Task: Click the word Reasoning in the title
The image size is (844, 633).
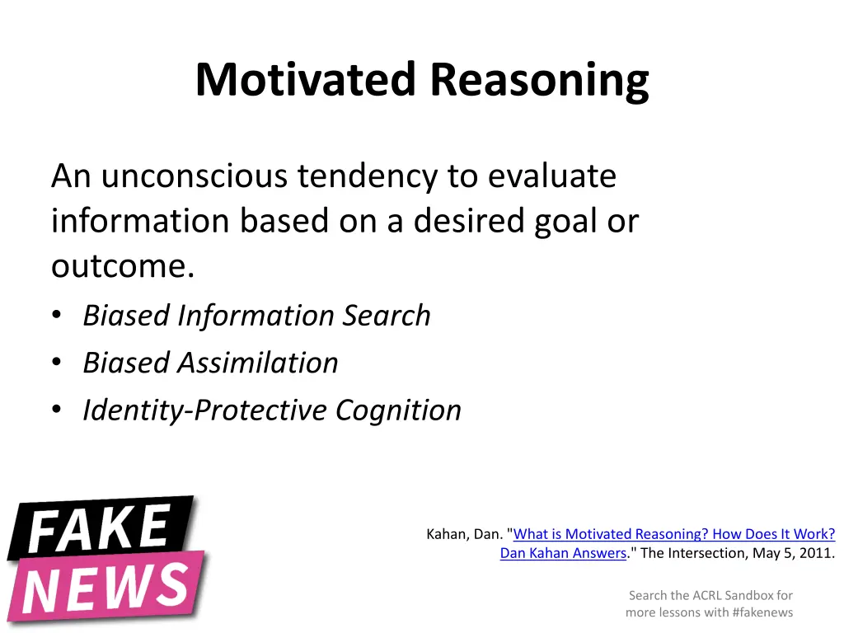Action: click(539, 82)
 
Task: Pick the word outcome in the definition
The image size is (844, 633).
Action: click(119, 267)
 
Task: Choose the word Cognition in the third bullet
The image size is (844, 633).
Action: click(398, 410)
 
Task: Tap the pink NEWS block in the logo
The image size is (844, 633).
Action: click(107, 587)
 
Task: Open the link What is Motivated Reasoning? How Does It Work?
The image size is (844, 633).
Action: click(674, 534)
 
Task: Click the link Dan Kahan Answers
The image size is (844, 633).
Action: click(563, 553)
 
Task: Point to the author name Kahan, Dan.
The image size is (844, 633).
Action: click(464, 534)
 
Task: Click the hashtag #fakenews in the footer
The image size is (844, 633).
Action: click(757, 612)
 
